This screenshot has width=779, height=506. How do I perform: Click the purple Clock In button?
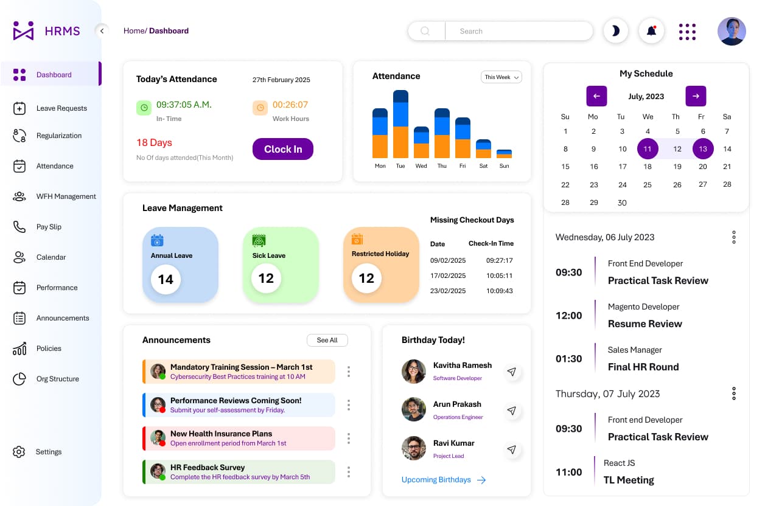click(282, 149)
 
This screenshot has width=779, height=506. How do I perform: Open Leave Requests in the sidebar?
click(61, 108)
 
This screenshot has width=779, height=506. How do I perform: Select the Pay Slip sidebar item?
click(49, 227)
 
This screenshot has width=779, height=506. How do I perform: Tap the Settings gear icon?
click(19, 452)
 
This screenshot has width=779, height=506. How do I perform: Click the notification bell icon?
click(651, 31)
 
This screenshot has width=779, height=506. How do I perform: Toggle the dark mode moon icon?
click(615, 31)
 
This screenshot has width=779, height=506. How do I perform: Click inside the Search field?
click(517, 31)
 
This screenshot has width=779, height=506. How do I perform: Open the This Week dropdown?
click(501, 77)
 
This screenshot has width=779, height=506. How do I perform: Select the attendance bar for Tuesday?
click(400, 125)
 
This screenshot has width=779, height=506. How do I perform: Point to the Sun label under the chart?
click(504, 166)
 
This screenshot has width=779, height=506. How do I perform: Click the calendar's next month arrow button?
click(696, 96)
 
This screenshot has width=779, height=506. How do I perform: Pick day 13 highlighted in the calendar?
click(703, 148)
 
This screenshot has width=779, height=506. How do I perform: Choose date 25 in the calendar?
click(648, 185)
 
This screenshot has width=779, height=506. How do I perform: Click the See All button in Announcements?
click(327, 340)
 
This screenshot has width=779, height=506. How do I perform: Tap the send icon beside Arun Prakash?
click(512, 411)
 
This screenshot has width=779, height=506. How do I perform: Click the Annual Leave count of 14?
click(166, 279)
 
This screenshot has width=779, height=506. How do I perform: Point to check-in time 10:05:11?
click(500, 276)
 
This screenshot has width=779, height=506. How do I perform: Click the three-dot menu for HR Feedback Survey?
click(349, 471)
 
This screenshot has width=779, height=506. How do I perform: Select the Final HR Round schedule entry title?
click(643, 367)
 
